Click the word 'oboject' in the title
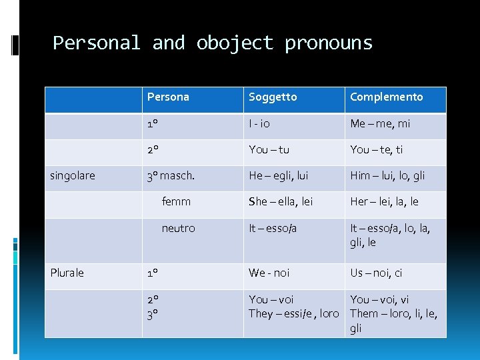(x=235, y=43)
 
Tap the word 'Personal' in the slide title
(x=97, y=43)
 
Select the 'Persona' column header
(x=168, y=97)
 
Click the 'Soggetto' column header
(x=273, y=97)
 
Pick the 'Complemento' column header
(x=387, y=97)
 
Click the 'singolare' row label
(x=73, y=176)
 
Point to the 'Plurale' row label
(x=67, y=273)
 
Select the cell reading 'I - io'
(x=259, y=124)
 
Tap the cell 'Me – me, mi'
(x=381, y=124)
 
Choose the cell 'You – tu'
(x=269, y=150)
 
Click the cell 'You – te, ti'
(x=377, y=150)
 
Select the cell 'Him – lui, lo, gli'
(x=387, y=176)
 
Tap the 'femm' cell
(x=176, y=201)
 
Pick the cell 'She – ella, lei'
(x=281, y=201)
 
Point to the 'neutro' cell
(x=178, y=228)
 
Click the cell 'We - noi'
(x=269, y=273)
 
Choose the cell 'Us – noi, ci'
(x=377, y=273)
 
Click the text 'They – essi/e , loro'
(x=294, y=313)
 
